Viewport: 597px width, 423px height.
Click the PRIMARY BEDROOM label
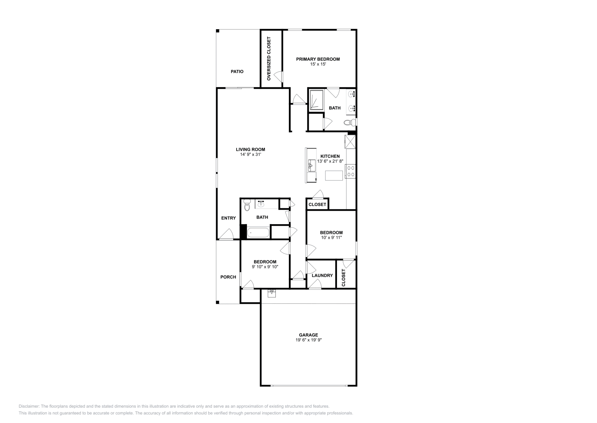click(318, 59)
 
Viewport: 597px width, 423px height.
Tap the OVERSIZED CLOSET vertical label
click(269, 59)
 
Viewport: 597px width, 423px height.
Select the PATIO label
click(237, 71)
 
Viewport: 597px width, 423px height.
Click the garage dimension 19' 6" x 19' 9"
click(308, 340)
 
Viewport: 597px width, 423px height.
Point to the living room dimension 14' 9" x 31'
click(253, 154)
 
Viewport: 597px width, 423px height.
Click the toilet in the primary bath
click(350, 122)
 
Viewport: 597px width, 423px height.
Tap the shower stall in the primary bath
click(316, 99)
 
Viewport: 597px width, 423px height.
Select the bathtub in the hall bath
click(258, 233)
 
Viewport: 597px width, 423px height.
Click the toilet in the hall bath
click(247, 206)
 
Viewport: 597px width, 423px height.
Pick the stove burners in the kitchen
click(351, 171)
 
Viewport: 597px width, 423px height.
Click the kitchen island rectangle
click(334, 175)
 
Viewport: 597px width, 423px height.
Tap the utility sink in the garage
click(272, 293)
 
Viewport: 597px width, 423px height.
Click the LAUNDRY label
click(322, 275)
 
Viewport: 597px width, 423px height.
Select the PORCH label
click(228, 277)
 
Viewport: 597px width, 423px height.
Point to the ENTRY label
click(228, 218)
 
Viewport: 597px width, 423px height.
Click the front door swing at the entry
click(226, 235)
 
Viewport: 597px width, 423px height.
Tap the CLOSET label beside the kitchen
click(317, 204)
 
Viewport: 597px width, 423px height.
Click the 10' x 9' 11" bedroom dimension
click(331, 237)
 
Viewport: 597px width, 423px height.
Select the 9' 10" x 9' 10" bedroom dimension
click(265, 267)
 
